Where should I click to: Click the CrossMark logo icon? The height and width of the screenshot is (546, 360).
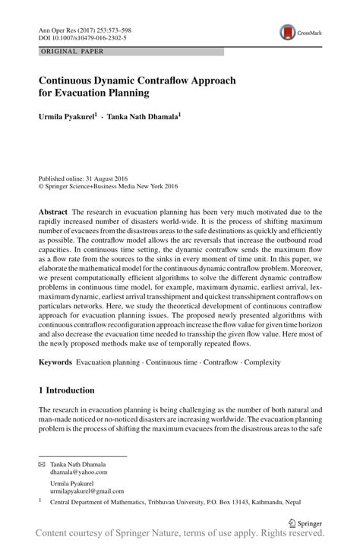tap(288, 32)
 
